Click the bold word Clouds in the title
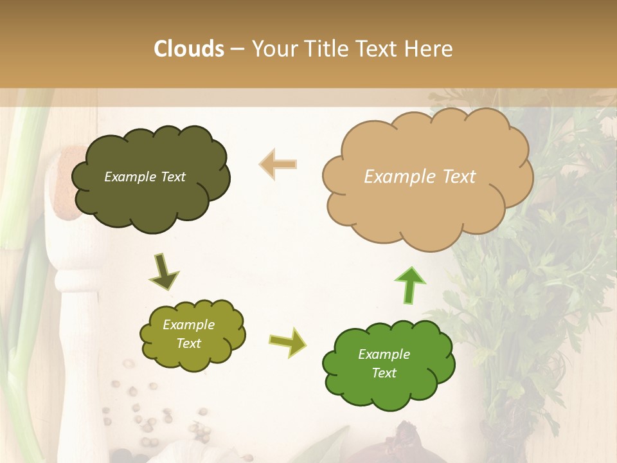(189, 49)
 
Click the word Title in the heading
(328, 49)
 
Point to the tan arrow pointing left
(278, 164)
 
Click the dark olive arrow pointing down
(164, 271)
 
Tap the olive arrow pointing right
(288, 341)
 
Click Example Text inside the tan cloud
(420, 177)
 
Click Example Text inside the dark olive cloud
(145, 177)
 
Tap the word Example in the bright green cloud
(384, 354)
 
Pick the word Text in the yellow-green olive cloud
(189, 343)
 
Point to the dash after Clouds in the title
(237, 50)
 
